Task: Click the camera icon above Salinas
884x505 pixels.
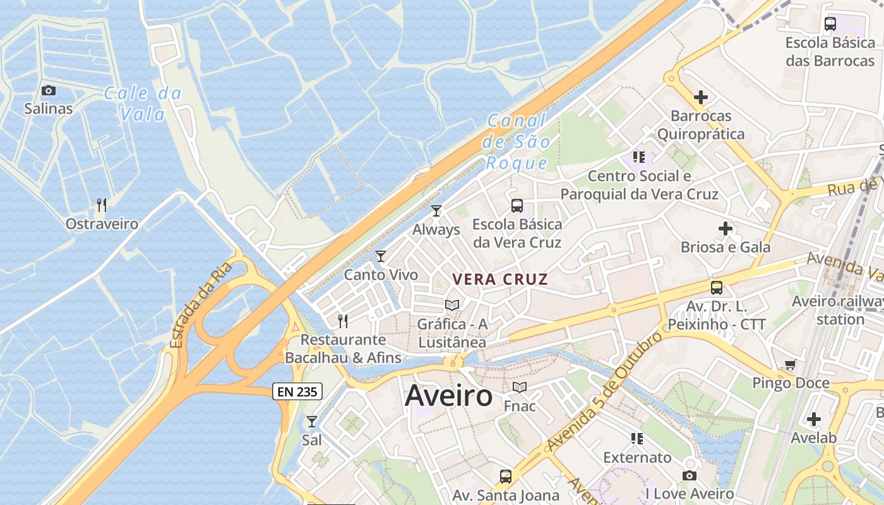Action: click(x=49, y=90)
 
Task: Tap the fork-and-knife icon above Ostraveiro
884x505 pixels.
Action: click(x=101, y=205)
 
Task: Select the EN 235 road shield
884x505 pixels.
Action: click(x=298, y=391)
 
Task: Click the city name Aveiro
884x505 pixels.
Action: click(x=448, y=396)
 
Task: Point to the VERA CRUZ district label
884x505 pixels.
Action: click(x=500, y=279)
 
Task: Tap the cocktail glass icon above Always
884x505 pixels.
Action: click(x=436, y=210)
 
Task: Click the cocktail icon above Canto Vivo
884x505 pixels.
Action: click(x=380, y=256)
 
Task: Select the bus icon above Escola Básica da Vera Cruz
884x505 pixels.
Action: click(x=517, y=205)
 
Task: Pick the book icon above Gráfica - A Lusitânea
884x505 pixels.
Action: click(x=452, y=306)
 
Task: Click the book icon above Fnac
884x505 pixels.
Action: click(x=520, y=387)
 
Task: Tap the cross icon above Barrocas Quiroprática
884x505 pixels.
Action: click(x=700, y=97)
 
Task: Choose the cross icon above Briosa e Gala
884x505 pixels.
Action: click(x=726, y=228)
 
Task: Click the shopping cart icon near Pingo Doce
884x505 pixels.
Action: click(x=790, y=364)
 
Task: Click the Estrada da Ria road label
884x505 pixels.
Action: click(x=201, y=305)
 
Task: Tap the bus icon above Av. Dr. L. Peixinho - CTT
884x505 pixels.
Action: click(x=716, y=288)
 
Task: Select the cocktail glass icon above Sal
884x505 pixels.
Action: click(x=311, y=421)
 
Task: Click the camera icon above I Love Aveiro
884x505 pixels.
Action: click(x=690, y=475)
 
